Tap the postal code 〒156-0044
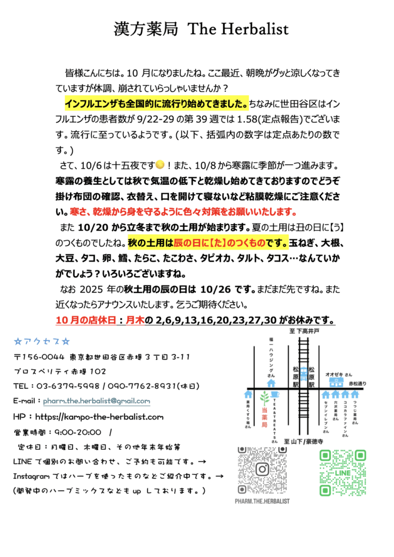[x=40, y=357]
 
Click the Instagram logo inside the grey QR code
[x=262, y=469]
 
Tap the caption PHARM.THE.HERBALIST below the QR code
[x=262, y=500]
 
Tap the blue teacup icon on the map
[x=275, y=395]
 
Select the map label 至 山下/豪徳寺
[x=304, y=441]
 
